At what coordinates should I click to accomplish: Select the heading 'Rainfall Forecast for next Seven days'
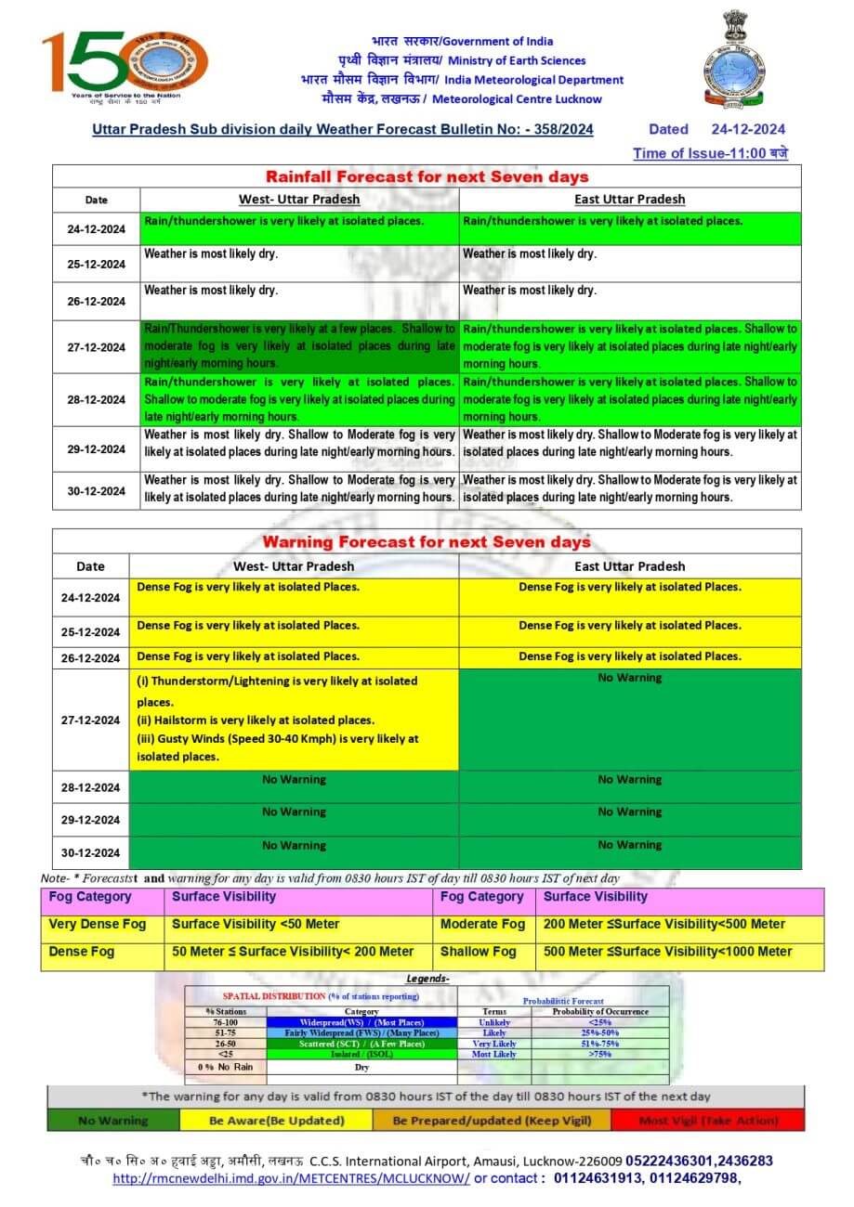427,176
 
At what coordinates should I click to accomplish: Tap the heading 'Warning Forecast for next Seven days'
427,541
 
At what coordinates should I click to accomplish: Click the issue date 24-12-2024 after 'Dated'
748,130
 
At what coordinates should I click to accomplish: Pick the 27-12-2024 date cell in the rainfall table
96,347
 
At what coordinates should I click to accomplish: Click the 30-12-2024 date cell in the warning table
90,852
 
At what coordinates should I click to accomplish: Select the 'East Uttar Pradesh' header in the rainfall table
630,199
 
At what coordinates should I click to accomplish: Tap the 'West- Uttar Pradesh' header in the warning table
294,566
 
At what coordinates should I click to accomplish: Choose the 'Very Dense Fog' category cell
98,925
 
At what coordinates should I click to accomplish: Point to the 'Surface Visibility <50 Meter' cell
256,925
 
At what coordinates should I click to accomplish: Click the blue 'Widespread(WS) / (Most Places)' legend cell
361,1022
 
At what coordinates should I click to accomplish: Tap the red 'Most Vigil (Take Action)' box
708,1121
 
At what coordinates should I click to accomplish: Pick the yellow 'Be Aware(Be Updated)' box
277,1121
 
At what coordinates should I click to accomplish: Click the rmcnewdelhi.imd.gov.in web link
291,1179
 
